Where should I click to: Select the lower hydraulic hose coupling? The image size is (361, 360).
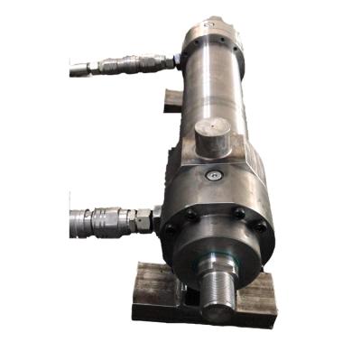pos(104,219)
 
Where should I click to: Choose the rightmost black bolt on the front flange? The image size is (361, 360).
pos(262,227)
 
